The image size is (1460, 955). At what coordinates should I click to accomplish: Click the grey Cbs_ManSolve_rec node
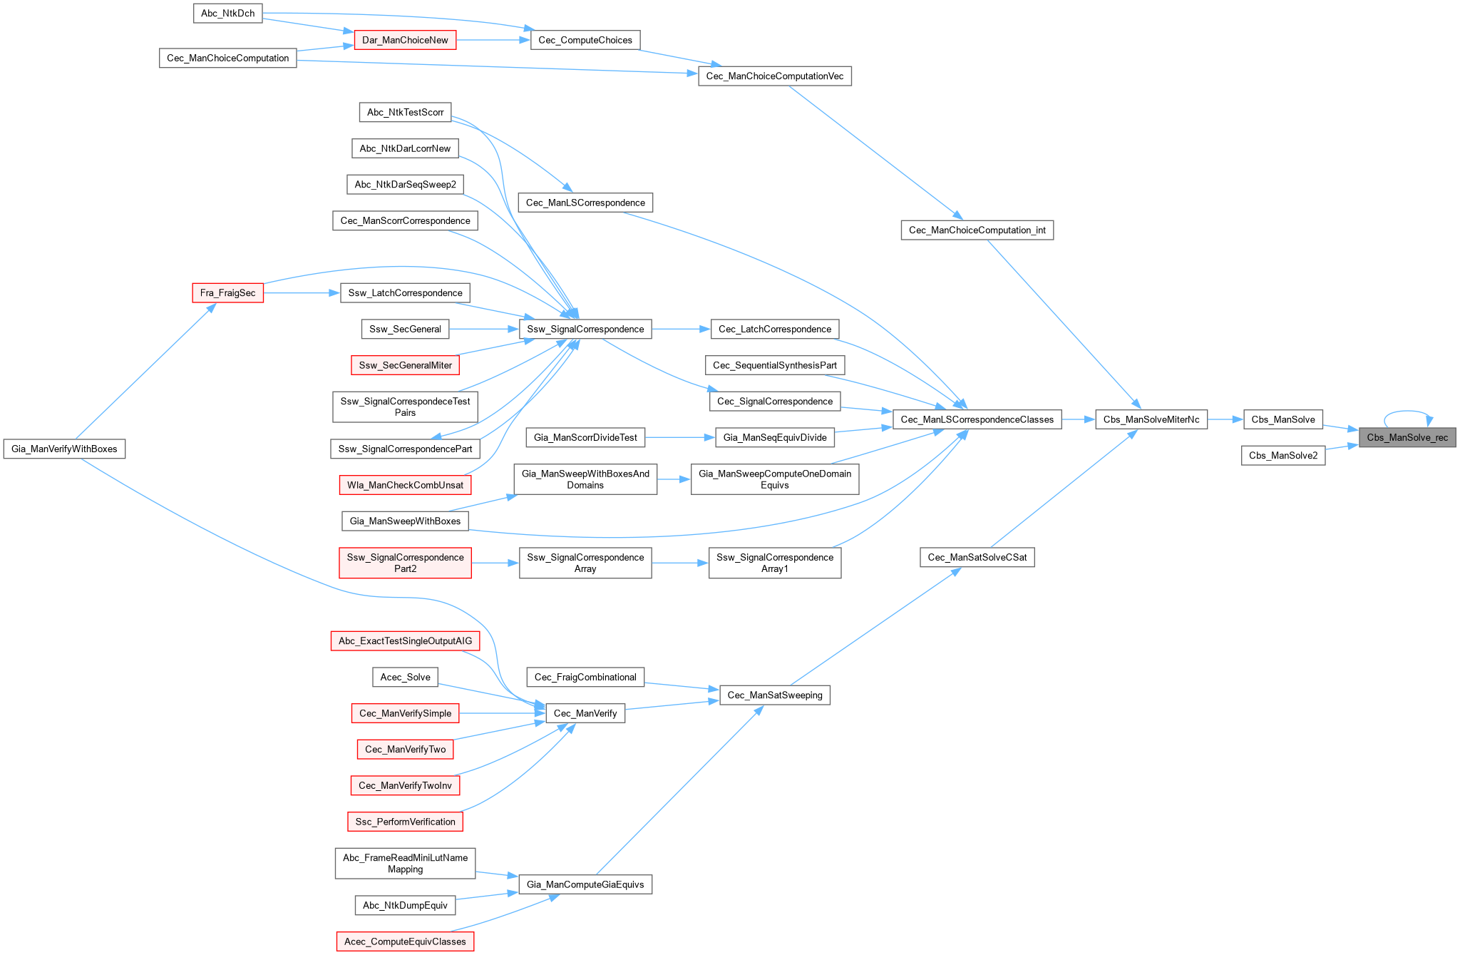coord(1407,437)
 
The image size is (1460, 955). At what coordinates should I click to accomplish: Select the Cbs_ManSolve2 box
coord(1282,455)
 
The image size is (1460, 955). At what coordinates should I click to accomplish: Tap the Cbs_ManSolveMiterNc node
coord(1151,419)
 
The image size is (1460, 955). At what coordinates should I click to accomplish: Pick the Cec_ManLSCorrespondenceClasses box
coord(977,419)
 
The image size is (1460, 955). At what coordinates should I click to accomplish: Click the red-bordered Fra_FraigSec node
coord(227,292)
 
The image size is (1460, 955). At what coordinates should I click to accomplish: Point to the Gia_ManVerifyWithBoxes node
coord(64,449)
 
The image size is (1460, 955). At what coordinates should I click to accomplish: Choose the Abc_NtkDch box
coord(227,13)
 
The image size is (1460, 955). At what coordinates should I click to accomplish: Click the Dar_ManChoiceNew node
coord(405,40)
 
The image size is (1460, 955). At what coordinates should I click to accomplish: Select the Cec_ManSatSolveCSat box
coord(977,557)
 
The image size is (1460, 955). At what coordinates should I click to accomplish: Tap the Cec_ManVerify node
coord(585,713)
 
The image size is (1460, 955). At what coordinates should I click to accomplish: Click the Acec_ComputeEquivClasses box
coord(405,941)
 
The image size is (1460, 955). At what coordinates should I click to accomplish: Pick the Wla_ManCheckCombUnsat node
coord(405,485)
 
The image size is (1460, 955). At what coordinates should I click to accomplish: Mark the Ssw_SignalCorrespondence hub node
coord(585,329)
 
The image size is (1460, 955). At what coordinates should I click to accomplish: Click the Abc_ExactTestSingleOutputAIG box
coord(405,640)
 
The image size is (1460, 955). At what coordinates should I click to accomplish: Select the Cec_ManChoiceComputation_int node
coord(977,230)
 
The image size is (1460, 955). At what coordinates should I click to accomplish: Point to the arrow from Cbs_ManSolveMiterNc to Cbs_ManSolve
coord(1225,419)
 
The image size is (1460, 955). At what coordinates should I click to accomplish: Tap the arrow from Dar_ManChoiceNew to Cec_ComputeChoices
coord(493,40)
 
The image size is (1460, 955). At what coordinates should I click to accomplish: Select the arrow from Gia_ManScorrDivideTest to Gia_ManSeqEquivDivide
coord(679,437)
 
